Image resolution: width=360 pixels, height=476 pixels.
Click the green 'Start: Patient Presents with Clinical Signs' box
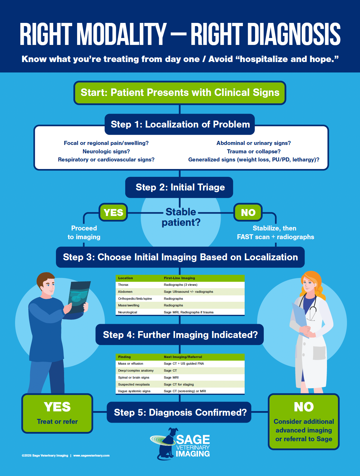click(180, 93)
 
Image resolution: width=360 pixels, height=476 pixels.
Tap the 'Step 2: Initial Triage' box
click(179, 187)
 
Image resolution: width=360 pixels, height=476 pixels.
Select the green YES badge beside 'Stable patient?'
click(113, 212)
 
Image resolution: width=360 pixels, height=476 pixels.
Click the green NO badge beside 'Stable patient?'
click(248, 212)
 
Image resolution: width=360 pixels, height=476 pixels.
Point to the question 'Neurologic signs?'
click(106, 151)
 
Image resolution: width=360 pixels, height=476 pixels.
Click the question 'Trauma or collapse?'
click(254, 151)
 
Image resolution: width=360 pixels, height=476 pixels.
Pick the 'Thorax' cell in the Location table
click(123, 285)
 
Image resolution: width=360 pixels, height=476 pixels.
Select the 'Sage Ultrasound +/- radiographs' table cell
click(188, 292)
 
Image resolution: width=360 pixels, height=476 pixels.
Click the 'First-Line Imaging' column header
click(179, 278)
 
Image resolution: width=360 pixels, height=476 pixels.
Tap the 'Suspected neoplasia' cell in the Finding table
click(134, 384)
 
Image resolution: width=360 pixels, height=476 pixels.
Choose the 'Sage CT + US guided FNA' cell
click(184, 364)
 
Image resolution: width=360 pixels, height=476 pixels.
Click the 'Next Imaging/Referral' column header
click(183, 357)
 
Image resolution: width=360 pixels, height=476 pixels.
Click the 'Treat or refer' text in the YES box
click(57, 422)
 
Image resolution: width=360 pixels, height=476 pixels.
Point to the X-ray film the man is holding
click(79, 297)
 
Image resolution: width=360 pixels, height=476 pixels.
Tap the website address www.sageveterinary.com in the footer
click(91, 455)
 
